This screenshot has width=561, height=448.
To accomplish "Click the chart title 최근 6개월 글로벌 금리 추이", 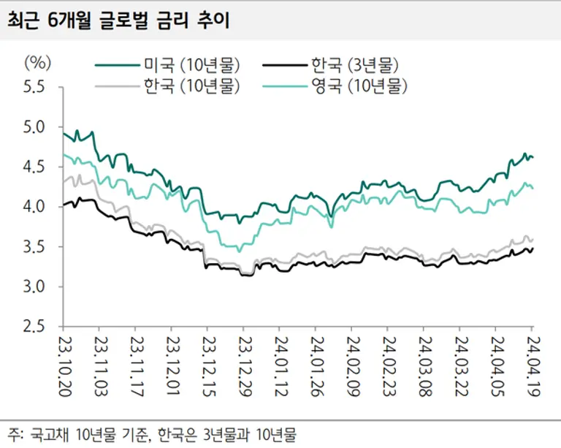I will [x=118, y=20].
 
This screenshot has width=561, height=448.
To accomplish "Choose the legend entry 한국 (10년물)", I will [x=191, y=86].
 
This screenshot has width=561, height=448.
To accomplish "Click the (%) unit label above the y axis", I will [x=37, y=61].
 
